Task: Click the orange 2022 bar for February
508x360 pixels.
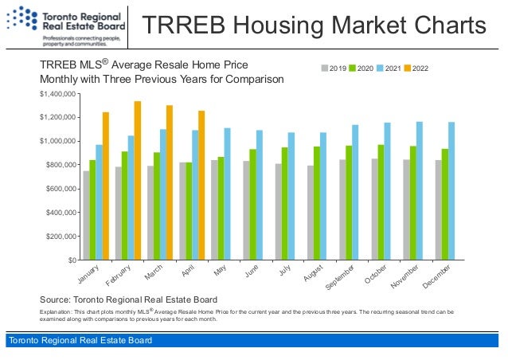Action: tap(138, 181)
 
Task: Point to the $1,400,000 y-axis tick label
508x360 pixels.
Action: tap(57, 94)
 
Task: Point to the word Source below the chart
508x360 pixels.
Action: tap(58, 299)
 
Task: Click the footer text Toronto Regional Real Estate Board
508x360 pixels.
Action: tap(80, 342)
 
